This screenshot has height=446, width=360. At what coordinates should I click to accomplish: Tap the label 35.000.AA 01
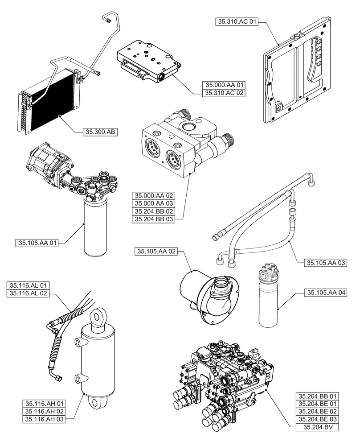223,85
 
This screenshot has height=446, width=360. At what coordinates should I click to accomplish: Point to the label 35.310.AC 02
223,93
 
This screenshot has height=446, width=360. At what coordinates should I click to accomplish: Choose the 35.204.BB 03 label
153,219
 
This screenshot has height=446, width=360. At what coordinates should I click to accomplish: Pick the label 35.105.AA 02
155,252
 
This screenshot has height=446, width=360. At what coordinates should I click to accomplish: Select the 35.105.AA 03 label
326,263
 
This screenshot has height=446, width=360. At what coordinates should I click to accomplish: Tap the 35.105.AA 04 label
326,293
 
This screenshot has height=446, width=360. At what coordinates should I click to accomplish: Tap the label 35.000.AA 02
153,195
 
